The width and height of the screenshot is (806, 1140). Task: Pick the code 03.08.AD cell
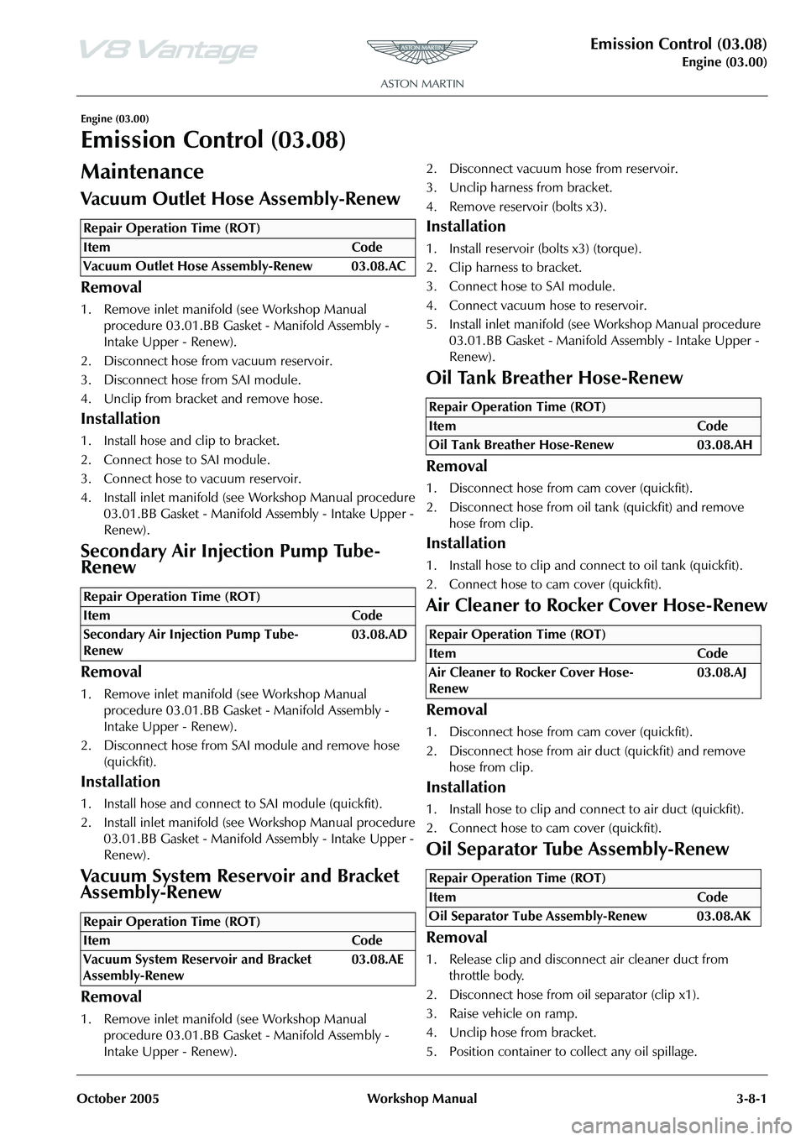coord(379,635)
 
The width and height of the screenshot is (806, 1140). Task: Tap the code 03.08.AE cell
coord(379,960)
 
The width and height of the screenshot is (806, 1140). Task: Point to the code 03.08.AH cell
coord(724,445)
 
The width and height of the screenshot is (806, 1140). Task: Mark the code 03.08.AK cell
coord(724,916)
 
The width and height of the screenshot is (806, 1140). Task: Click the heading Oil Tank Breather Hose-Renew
coord(555,378)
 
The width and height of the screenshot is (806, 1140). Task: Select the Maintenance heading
coord(142,172)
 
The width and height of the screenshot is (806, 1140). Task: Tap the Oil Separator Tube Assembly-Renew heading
coord(578,849)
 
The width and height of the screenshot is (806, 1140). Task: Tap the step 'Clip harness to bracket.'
coord(515,267)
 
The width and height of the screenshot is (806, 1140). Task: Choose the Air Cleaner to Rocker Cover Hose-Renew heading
coord(597,605)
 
